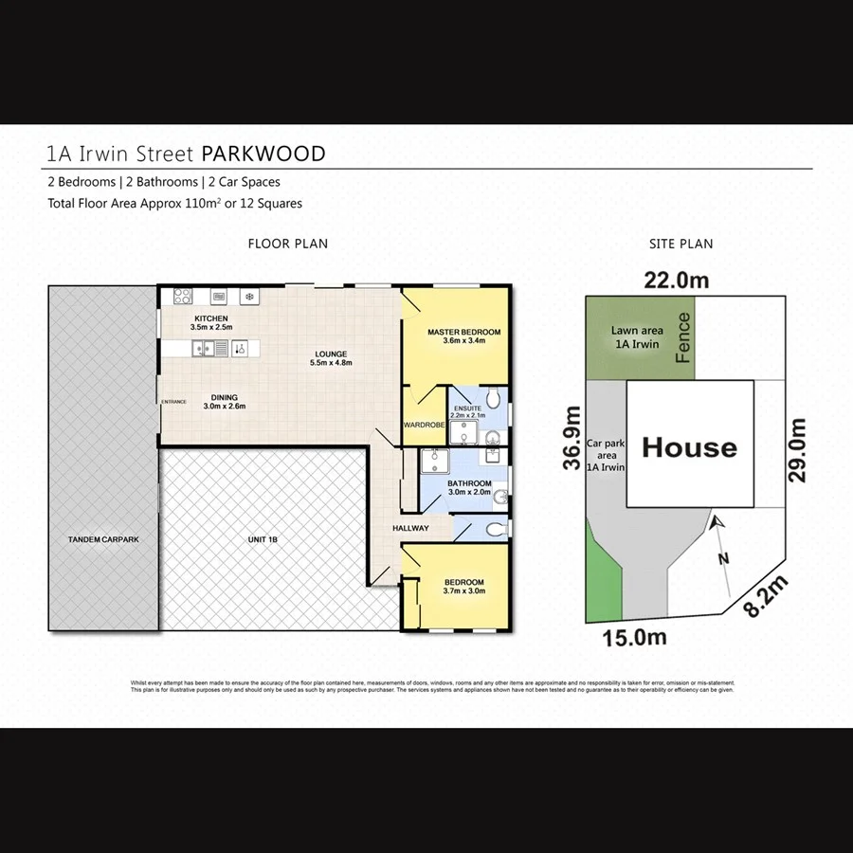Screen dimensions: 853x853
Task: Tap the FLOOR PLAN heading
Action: point(287,244)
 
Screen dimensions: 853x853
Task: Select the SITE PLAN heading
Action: point(681,244)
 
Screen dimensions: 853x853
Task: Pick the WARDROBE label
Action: point(424,425)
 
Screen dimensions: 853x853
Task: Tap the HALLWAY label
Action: point(411,528)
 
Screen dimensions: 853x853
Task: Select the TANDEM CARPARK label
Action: point(103,539)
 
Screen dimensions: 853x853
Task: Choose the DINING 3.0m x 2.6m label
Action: point(225,402)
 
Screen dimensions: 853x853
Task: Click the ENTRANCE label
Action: point(174,402)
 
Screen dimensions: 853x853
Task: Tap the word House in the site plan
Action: point(689,447)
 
